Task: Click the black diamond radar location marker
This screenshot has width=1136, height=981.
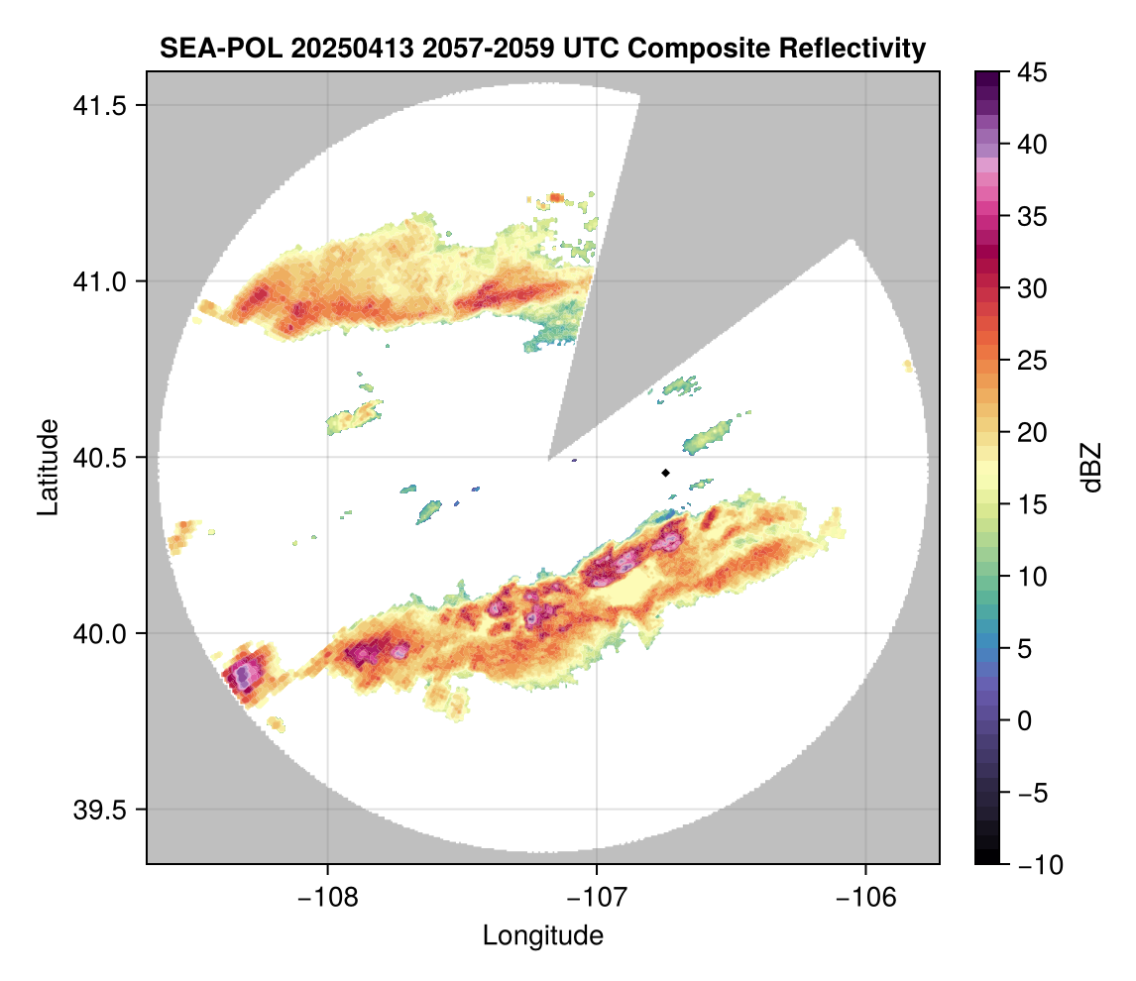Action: point(666,473)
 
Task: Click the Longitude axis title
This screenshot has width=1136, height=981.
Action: point(543,935)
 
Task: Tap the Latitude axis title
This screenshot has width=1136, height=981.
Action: point(47,467)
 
